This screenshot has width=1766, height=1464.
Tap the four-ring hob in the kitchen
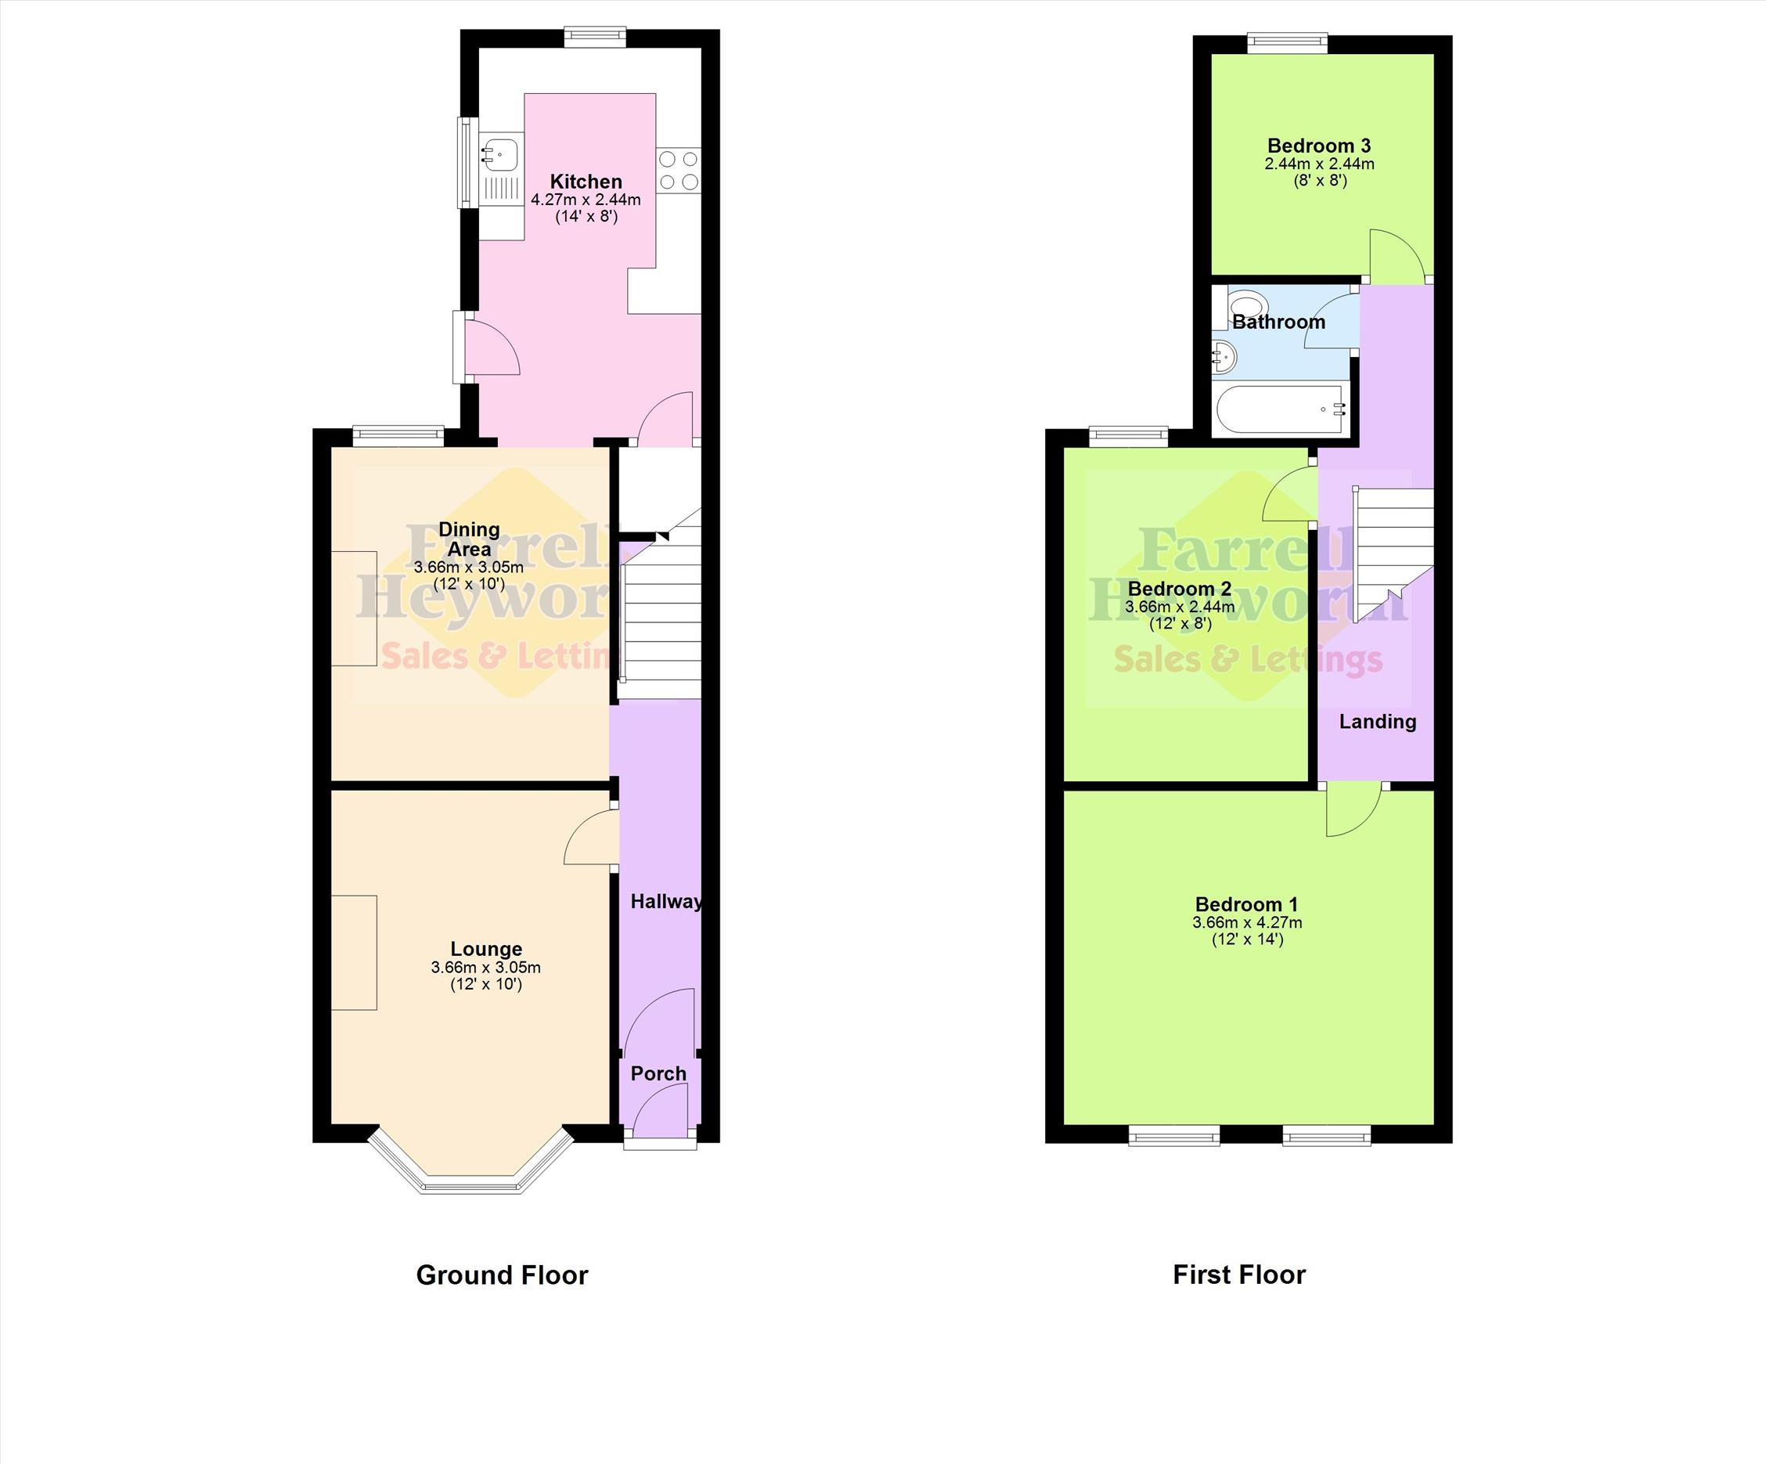point(679,170)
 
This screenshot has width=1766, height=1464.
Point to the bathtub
point(1282,409)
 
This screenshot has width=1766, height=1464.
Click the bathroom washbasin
point(1225,357)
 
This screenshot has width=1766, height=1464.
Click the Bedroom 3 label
point(1318,146)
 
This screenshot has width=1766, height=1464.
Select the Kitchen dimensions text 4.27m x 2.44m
point(586,200)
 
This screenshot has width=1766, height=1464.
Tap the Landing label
point(1378,722)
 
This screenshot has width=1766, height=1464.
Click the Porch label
point(658,1074)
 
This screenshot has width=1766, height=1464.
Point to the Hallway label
point(667,901)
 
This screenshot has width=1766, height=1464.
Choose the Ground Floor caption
point(502,1275)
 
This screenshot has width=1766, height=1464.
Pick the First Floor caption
point(1239,1275)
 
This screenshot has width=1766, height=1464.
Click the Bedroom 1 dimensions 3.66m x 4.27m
point(1247,922)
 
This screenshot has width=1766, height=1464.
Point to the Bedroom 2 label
point(1180,589)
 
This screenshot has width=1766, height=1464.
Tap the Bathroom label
point(1279,322)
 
